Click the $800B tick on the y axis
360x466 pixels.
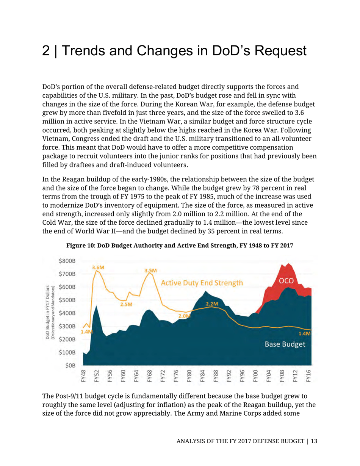(x=68, y=261)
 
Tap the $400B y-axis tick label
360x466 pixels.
(x=68, y=313)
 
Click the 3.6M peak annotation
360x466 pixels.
(x=98, y=267)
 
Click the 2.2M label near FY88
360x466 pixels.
(x=213, y=303)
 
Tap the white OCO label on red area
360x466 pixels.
(x=287, y=281)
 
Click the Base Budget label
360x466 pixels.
(x=285, y=344)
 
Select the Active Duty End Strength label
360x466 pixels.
(x=201, y=283)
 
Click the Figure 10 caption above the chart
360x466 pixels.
(x=180, y=245)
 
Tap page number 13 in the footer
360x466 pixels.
(x=314, y=441)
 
